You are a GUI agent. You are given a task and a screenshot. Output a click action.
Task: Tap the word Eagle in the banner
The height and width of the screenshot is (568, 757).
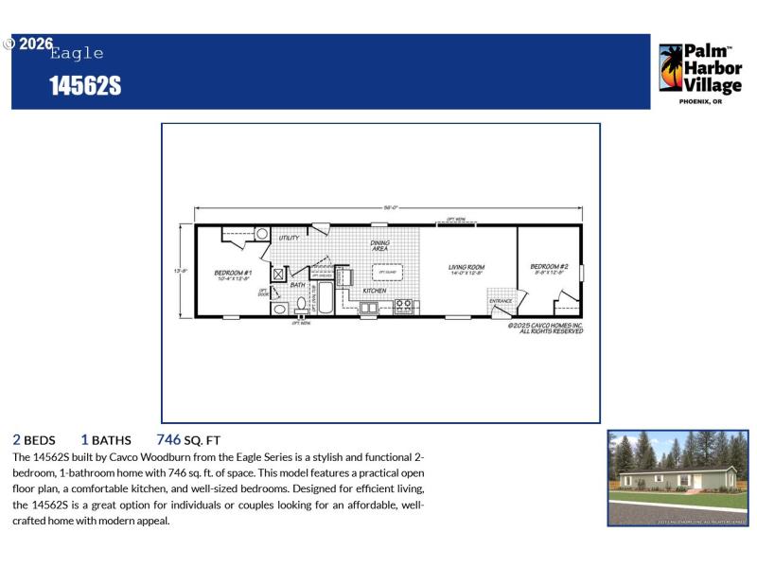click(77, 54)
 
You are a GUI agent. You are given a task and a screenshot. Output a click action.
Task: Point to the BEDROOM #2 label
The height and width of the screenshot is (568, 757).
click(549, 268)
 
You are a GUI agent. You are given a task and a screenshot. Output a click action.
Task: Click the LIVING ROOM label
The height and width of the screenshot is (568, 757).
click(467, 268)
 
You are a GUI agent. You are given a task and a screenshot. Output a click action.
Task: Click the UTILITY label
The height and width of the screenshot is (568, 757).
click(290, 238)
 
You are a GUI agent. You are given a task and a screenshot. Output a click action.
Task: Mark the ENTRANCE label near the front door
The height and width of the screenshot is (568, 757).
click(501, 301)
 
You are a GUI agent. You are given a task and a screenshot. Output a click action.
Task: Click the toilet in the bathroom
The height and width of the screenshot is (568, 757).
click(302, 305)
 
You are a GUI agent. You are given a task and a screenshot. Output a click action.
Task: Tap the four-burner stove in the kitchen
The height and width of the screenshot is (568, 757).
click(403, 306)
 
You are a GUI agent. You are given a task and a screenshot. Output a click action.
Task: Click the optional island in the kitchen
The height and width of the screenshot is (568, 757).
click(388, 272)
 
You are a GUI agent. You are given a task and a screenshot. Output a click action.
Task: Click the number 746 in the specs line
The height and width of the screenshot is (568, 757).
click(167, 439)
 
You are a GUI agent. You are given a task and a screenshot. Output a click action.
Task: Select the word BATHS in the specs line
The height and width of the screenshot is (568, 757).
click(112, 440)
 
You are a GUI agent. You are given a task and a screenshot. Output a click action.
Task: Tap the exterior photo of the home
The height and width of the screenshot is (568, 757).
click(678, 478)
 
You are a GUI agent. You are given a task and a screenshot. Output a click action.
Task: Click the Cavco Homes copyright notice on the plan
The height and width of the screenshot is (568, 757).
click(545, 328)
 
